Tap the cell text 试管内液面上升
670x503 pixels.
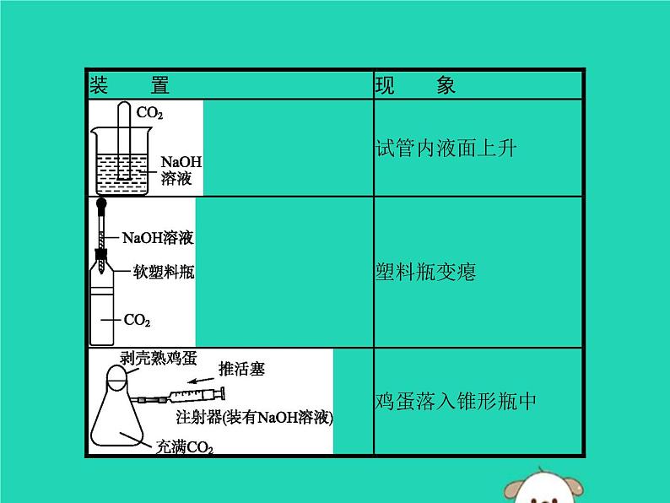pyautogui.click(x=445, y=149)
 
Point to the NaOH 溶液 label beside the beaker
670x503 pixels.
pyautogui.click(x=181, y=170)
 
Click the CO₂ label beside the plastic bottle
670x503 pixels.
pyautogui.click(x=137, y=321)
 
